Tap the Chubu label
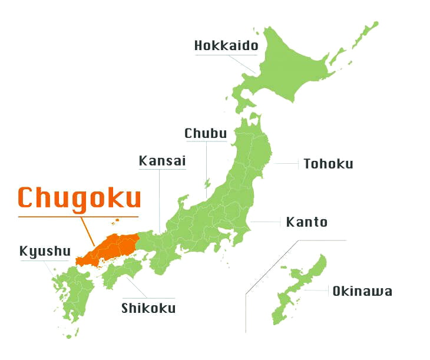[206, 134]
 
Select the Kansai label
[162, 161]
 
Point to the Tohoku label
[328, 164]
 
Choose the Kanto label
[306, 222]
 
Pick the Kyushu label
[45, 252]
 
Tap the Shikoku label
[148, 308]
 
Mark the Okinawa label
[362, 291]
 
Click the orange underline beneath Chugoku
[80, 217]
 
